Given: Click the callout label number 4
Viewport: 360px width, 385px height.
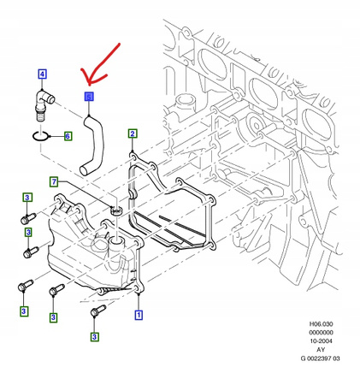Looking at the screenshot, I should click(x=41, y=74).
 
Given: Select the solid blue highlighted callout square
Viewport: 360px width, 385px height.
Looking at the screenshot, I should click(x=88, y=98).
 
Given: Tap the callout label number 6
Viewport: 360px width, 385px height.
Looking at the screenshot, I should click(x=67, y=137).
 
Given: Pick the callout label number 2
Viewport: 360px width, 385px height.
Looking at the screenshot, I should click(x=133, y=133).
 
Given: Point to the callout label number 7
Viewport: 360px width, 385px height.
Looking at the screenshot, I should click(x=53, y=181).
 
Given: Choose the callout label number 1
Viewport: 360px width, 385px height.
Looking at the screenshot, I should click(x=138, y=315).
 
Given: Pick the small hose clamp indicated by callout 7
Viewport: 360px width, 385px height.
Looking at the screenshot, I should click(x=117, y=207).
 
